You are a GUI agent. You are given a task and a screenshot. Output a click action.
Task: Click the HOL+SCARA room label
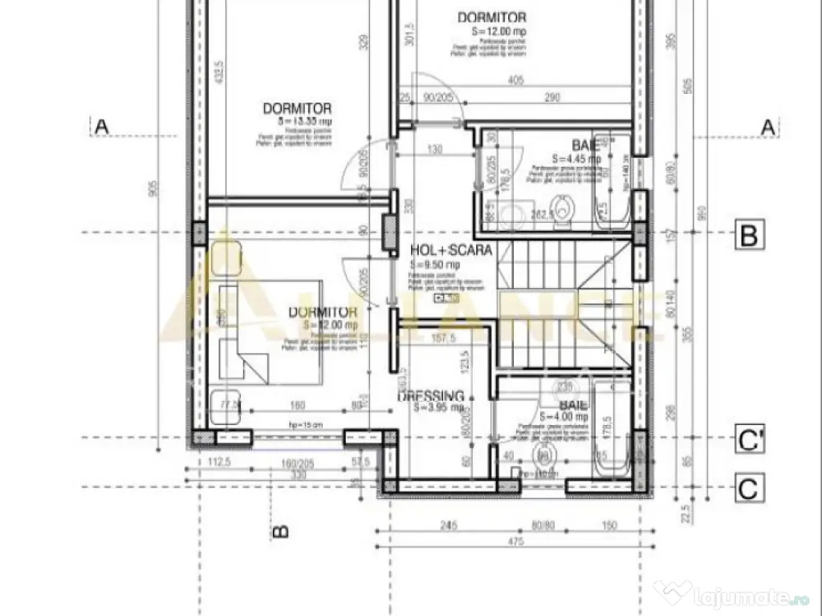click(450, 250)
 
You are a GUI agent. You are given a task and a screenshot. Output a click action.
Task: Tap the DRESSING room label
click(431, 395)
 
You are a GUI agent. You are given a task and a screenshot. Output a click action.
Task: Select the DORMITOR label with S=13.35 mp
click(296, 108)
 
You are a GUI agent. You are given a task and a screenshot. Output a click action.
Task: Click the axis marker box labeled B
click(748, 236)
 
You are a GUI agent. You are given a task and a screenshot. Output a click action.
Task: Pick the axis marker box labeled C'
click(748, 440)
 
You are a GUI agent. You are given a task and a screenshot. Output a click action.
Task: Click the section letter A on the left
click(101, 127)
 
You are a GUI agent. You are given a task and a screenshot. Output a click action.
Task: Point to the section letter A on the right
click(767, 127)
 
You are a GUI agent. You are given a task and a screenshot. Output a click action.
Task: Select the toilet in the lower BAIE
click(544, 459)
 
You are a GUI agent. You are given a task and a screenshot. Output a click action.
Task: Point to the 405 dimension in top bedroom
click(516, 80)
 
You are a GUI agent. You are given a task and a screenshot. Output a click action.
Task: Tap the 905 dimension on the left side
click(155, 189)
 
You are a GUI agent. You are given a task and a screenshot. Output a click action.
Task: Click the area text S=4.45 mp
click(576, 159)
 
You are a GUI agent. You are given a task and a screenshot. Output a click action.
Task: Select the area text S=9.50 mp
click(434, 264)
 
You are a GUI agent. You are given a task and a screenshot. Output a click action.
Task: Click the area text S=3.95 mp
click(437, 407)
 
